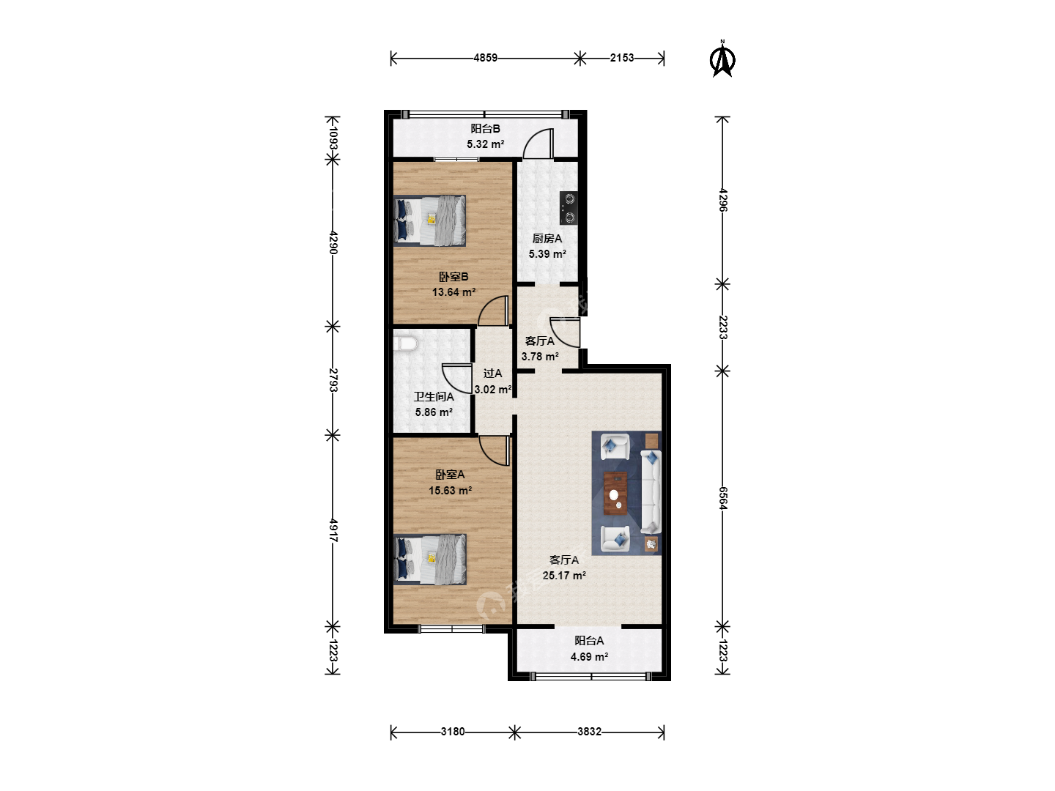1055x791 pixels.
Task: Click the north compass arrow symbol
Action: [x=722, y=59]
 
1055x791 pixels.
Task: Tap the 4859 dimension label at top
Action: [x=486, y=58]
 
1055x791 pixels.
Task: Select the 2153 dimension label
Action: [x=622, y=58]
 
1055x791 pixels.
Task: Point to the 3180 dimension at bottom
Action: [x=453, y=732]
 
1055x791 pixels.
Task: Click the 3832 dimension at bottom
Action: [x=589, y=732]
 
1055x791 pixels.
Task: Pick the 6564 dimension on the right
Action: [x=723, y=498]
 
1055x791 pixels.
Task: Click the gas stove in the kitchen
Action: [x=569, y=208]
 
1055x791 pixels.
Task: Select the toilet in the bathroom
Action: [x=406, y=344]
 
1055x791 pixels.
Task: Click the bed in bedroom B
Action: [x=429, y=220]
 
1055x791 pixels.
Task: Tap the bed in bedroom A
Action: [x=429, y=560]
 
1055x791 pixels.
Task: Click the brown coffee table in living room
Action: [x=615, y=493]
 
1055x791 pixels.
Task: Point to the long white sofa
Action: [x=651, y=491]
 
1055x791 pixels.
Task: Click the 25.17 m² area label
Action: [x=564, y=576]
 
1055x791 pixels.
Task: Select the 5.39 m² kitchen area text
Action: [x=547, y=254]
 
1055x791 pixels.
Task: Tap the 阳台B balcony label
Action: [x=486, y=129]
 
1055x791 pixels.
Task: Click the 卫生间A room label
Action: [x=434, y=397]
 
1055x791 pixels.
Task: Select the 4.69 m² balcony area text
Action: [x=589, y=656]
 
